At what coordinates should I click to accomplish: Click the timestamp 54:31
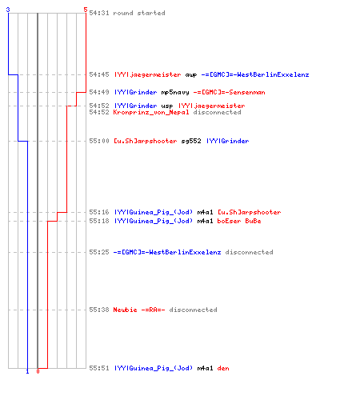click(99, 13)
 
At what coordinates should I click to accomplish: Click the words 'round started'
click(139, 13)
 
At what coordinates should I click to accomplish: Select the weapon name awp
click(191, 75)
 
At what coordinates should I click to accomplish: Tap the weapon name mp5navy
click(175, 93)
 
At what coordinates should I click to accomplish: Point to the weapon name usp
click(167, 106)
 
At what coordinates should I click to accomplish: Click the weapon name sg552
click(191, 141)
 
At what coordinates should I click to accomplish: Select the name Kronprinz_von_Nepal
click(151, 112)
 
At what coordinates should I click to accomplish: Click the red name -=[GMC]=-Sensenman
click(229, 92)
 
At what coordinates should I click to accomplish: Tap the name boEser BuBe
click(239, 221)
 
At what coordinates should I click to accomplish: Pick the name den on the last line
click(223, 368)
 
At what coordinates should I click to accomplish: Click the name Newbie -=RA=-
click(139, 310)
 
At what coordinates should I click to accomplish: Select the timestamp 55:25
click(99, 252)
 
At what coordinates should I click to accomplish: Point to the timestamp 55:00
click(99, 141)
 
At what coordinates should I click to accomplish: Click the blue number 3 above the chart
click(8, 10)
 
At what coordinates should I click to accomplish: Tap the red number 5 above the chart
click(86, 10)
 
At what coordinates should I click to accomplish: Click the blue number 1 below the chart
click(27, 371)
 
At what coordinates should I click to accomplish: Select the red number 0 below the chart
click(38, 371)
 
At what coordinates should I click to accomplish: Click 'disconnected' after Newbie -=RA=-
click(193, 310)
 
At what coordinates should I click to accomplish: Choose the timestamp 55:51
click(99, 368)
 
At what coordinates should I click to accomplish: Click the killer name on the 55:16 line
click(154, 212)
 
